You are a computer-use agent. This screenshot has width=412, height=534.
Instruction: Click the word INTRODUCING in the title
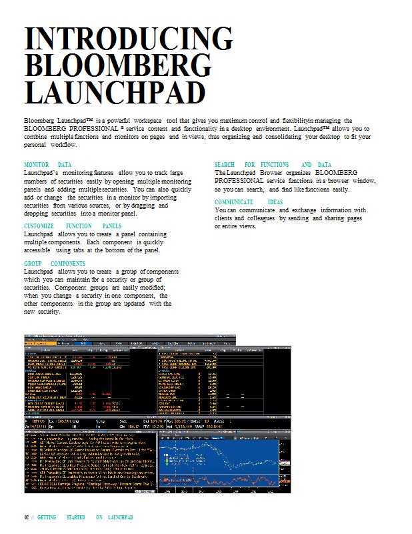pyautogui.click(x=129, y=39)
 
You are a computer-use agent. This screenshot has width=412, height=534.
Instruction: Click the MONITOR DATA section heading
pyautogui.click(x=47, y=164)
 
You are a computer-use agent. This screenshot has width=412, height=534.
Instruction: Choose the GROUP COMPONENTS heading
pyautogui.click(x=54, y=264)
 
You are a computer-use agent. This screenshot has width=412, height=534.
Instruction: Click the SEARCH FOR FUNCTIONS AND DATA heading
pyautogui.click(x=273, y=164)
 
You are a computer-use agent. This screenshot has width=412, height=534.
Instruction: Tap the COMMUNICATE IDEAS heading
pyautogui.click(x=248, y=202)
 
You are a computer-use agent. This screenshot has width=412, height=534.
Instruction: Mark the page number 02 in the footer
pyautogui.click(x=27, y=517)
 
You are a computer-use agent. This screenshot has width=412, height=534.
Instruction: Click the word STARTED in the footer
pyautogui.click(x=75, y=517)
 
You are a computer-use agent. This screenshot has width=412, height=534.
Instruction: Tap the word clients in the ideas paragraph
pyautogui.click(x=225, y=218)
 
